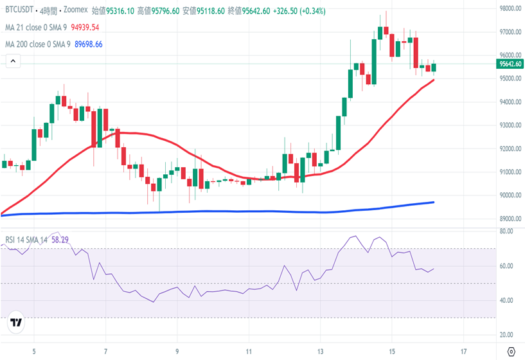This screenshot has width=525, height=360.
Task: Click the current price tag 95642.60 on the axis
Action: (510, 64)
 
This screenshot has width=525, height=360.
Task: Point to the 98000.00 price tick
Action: (510, 8)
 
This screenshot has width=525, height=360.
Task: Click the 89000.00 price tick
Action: (510, 219)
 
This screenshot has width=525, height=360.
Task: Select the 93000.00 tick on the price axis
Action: (510, 125)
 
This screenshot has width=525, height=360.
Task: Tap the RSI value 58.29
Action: (60, 240)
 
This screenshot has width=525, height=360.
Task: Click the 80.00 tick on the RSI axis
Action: (507, 231)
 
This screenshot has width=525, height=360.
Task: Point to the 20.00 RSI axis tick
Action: (507, 335)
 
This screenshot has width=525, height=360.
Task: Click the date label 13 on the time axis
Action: (320, 352)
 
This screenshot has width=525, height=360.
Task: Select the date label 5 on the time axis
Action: (35, 352)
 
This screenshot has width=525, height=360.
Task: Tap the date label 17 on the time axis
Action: (463, 352)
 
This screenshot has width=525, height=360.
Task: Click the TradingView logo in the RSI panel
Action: (16, 323)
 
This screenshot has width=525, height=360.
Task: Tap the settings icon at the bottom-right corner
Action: (511, 352)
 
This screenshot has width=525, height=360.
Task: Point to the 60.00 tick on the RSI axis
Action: (507, 265)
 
